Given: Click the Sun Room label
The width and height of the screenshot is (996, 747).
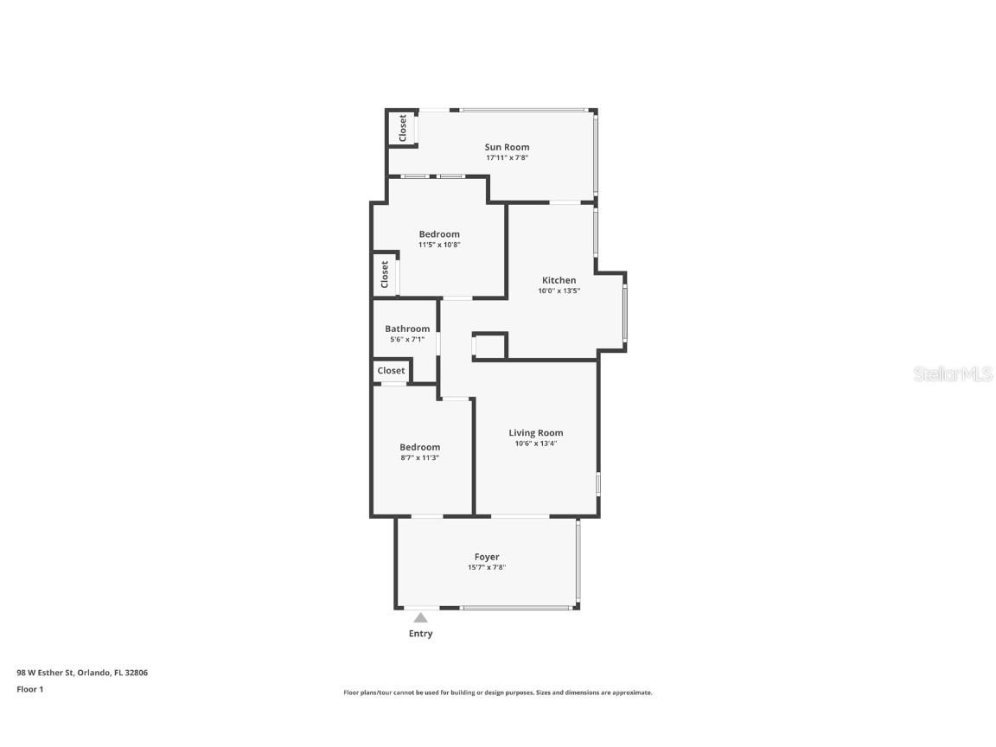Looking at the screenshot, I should coord(507,147).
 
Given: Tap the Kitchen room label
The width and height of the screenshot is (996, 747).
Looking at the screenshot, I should coord(559,280).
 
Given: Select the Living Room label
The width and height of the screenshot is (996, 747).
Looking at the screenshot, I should coord(535,433).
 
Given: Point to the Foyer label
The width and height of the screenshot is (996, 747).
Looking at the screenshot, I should coord(487,557).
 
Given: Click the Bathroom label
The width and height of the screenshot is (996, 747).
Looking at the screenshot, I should coord(407,329).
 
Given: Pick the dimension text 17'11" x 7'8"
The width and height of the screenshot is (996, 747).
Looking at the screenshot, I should coord(507,158).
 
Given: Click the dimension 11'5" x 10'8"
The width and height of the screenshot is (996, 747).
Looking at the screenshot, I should coord(439,245).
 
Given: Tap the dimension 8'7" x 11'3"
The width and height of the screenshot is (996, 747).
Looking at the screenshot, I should coord(419,457).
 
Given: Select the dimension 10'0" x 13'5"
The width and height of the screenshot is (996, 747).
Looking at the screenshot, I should coord(559,291).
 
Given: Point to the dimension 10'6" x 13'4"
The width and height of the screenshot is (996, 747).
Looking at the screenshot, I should coord(535,444).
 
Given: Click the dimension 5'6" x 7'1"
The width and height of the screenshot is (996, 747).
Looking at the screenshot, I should coord(407,340).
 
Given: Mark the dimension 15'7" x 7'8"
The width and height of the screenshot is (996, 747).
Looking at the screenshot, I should coord(487,568).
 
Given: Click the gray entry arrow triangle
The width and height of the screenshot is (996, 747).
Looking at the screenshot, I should coord(420,617).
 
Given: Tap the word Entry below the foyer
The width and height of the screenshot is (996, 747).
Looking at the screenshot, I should coord(420,634).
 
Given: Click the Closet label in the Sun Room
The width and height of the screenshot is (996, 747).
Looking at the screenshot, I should coord(402,128).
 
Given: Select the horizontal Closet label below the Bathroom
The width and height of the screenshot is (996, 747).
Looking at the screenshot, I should coord(391,371).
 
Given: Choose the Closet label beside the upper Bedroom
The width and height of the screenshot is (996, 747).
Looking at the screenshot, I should coord(385,275).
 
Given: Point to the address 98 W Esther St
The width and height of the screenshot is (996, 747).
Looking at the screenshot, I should coord(82,673).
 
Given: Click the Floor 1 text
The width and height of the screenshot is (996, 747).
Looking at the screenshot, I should coord(29,689).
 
